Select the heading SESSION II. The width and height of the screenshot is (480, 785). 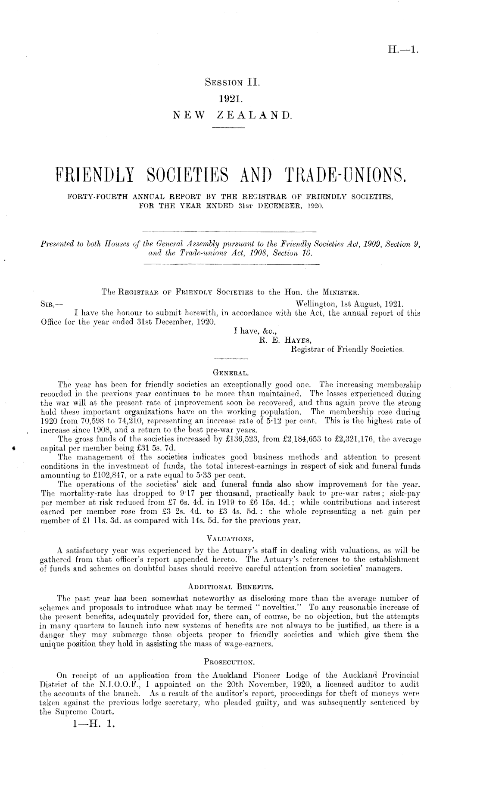pyautogui.click(x=233, y=82)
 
